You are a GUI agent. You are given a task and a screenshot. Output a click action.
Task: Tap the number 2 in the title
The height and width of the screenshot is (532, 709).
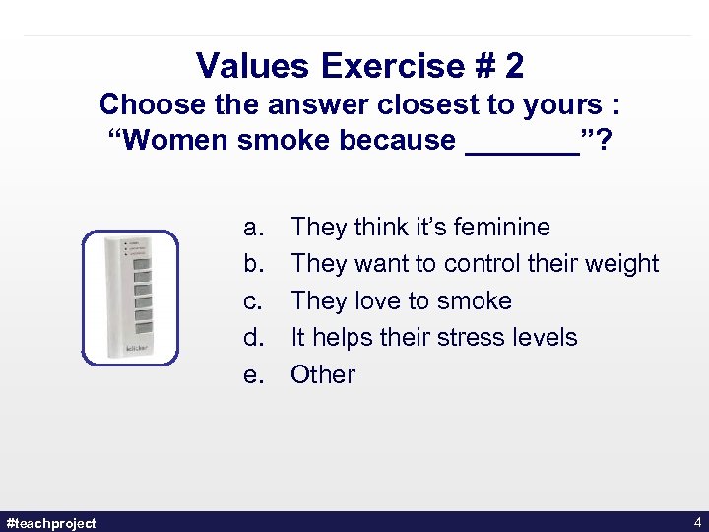tap(513, 66)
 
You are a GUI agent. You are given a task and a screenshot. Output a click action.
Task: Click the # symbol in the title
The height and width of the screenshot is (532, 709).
tap(485, 66)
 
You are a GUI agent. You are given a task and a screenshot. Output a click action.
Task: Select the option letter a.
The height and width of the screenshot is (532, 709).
tap(252, 227)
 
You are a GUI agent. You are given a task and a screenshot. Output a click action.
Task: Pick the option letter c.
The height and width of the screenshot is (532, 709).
tap(252, 300)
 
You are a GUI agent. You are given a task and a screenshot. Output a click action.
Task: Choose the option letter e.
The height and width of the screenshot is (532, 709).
tap(252, 374)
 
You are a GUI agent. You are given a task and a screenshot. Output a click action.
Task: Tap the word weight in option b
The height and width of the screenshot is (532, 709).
tap(621, 264)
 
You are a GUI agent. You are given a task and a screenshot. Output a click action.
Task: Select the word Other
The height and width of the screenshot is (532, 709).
tap(323, 374)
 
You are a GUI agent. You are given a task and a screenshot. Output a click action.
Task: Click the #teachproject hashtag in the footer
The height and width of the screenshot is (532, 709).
tap(51, 522)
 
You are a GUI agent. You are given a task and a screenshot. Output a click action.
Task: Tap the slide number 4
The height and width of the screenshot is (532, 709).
tap(697, 522)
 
